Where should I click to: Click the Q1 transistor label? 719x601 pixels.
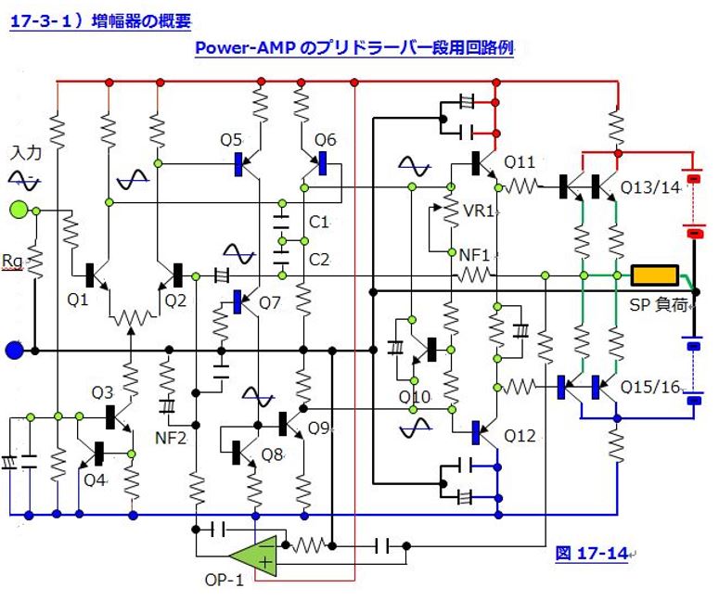tap(77, 300)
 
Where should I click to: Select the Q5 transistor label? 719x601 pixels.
tap(231, 140)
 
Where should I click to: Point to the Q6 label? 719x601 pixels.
tap(325, 140)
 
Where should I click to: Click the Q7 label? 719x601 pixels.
tap(269, 302)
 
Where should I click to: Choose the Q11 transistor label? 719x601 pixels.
tap(520, 161)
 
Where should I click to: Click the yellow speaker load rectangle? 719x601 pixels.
tap(655, 275)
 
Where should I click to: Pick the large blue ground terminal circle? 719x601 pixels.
tap(14, 351)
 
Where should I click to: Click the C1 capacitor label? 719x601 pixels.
tap(318, 223)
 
